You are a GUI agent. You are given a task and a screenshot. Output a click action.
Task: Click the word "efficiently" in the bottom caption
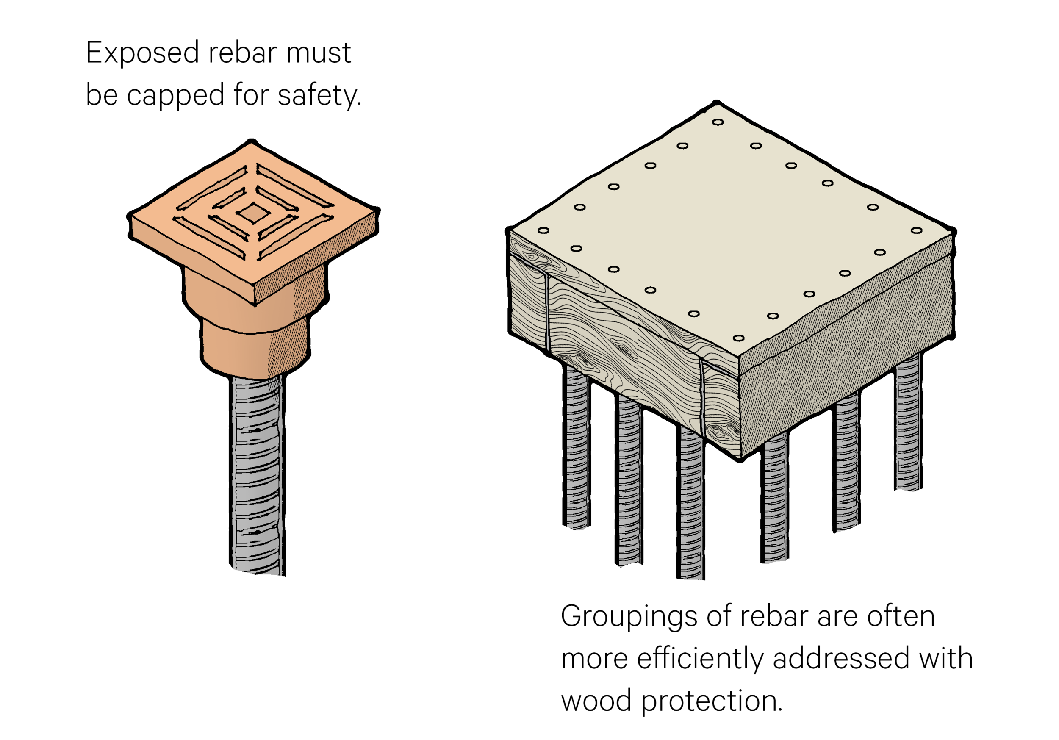(701, 658)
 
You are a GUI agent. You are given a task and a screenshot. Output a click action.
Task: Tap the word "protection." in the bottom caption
(712, 702)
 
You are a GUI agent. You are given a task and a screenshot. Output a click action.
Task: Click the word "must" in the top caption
(318, 53)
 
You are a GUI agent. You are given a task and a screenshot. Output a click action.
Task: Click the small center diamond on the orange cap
(253, 213)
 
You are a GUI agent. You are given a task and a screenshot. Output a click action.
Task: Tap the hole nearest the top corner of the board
(718, 122)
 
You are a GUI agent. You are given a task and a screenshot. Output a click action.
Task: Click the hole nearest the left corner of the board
(543, 230)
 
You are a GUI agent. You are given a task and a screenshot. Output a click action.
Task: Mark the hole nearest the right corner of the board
(917, 230)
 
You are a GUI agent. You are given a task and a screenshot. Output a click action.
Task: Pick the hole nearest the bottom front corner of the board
(738, 338)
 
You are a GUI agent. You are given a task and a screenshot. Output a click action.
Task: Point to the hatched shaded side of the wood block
(844, 351)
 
